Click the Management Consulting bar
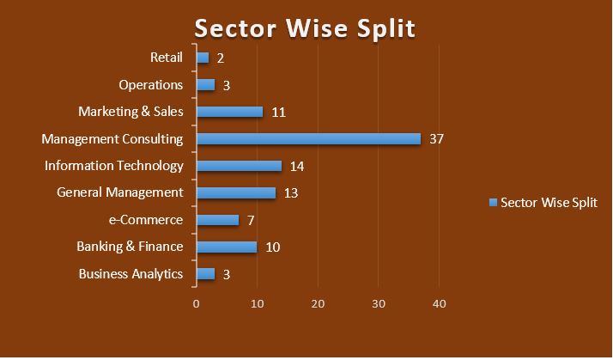click(x=308, y=139)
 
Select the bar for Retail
click(x=203, y=58)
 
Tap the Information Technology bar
click(x=239, y=166)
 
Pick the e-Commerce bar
click(x=217, y=220)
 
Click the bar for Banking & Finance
click(x=227, y=247)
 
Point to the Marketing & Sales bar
click(x=229, y=112)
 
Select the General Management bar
click(x=235, y=193)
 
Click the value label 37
click(x=435, y=139)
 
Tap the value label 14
click(x=297, y=167)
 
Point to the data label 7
click(x=251, y=221)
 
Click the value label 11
click(x=277, y=112)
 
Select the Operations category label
click(x=151, y=85)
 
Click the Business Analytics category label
click(x=130, y=274)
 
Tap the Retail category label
click(x=167, y=58)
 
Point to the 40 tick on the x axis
click(x=440, y=303)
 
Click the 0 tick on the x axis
click(x=197, y=303)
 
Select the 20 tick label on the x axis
click(x=318, y=303)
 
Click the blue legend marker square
click(x=493, y=203)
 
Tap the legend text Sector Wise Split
click(x=549, y=203)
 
